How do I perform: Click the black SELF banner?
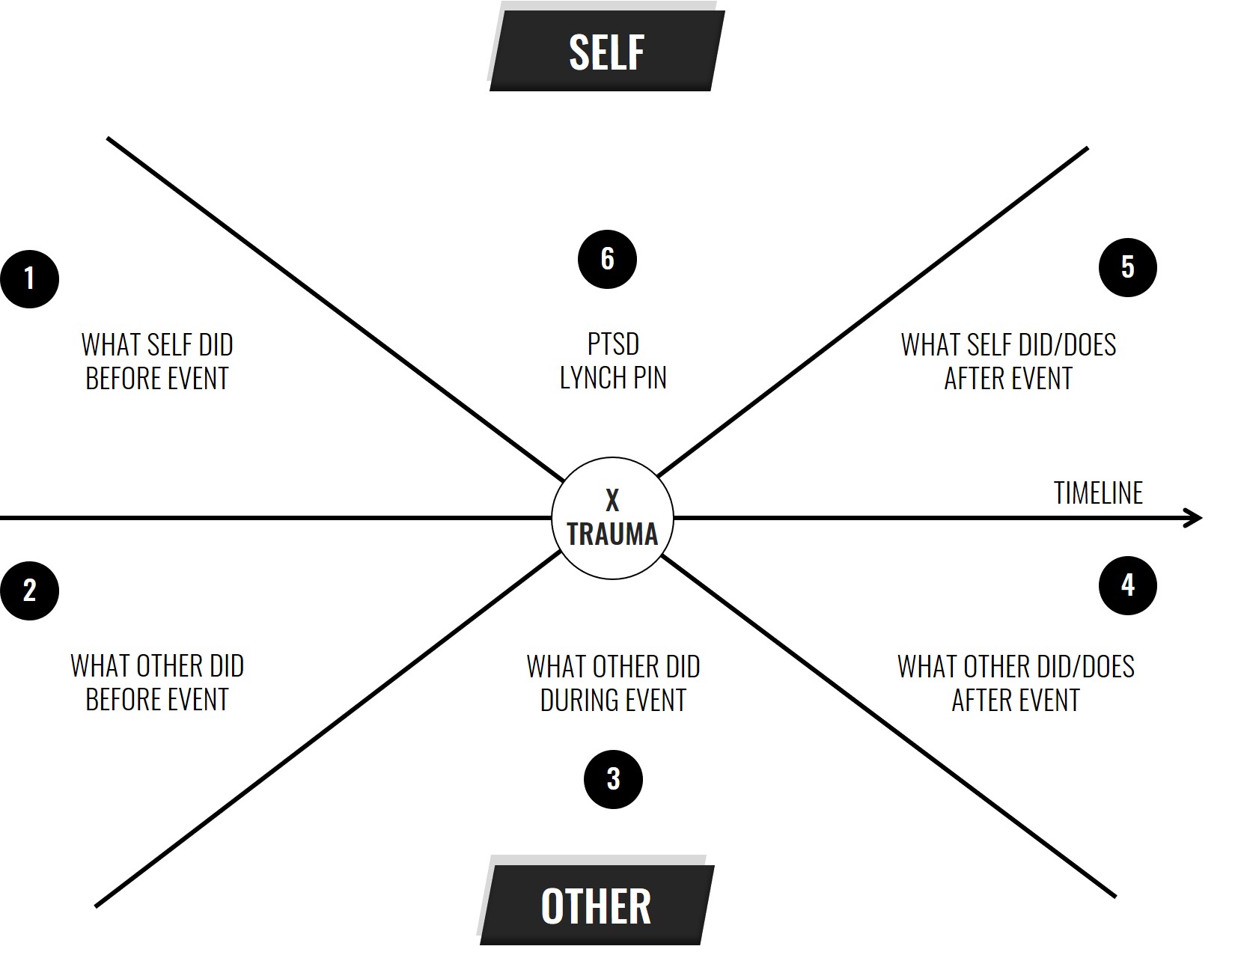point(607,51)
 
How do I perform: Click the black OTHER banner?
point(597,906)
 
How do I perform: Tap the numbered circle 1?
point(29,279)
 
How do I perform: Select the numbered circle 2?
point(29,591)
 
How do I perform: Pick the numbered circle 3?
point(613,779)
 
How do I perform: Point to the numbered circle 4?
point(1127,585)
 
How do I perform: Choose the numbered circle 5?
point(1127,267)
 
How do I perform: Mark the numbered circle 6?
point(607,259)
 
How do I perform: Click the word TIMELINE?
point(1098,492)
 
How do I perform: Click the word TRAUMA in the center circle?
point(612,534)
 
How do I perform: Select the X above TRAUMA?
point(612,501)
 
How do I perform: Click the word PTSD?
point(613,344)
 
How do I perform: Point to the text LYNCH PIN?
point(613,377)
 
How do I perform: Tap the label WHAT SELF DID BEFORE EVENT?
point(157,361)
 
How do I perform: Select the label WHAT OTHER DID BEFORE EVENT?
point(157,682)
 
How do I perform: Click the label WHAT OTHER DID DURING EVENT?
point(613,683)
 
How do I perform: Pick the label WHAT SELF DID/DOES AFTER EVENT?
point(1008,361)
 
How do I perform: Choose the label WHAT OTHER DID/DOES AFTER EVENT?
point(1016,683)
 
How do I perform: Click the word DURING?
point(576,700)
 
